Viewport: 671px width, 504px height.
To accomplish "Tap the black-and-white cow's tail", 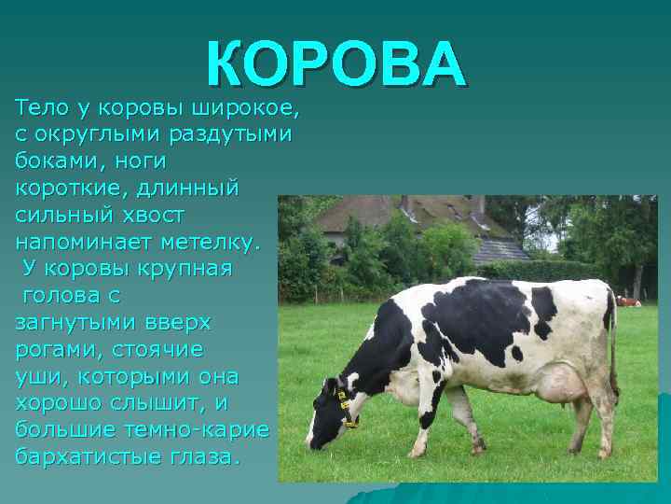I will [613, 345].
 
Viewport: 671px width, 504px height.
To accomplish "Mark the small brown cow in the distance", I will [628, 301].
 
